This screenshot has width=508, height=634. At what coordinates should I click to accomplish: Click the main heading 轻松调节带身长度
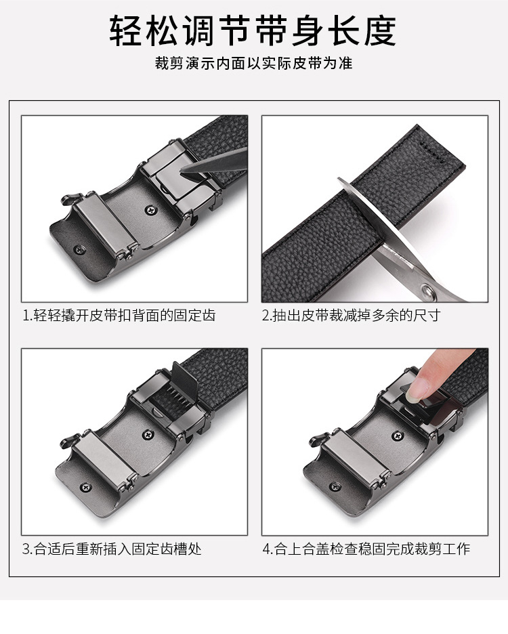tap(253, 31)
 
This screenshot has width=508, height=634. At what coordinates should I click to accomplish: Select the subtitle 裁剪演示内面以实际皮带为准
tap(253, 64)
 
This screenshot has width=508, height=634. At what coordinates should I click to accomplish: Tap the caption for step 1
tap(119, 316)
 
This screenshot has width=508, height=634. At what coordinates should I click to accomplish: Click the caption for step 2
tap(351, 316)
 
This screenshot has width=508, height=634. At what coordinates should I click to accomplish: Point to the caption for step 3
tap(112, 549)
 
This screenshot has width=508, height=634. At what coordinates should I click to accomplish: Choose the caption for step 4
tap(366, 549)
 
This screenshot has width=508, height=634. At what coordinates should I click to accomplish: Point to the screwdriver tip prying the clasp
tap(183, 169)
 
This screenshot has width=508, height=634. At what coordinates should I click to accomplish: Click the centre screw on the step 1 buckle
tap(151, 209)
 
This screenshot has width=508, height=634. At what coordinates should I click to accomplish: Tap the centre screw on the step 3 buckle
tap(148, 435)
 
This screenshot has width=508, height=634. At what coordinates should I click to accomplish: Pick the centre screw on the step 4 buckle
tap(398, 436)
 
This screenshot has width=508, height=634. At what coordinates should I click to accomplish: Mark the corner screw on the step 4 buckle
tap(334, 486)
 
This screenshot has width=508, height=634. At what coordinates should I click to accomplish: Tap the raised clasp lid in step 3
tap(184, 379)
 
